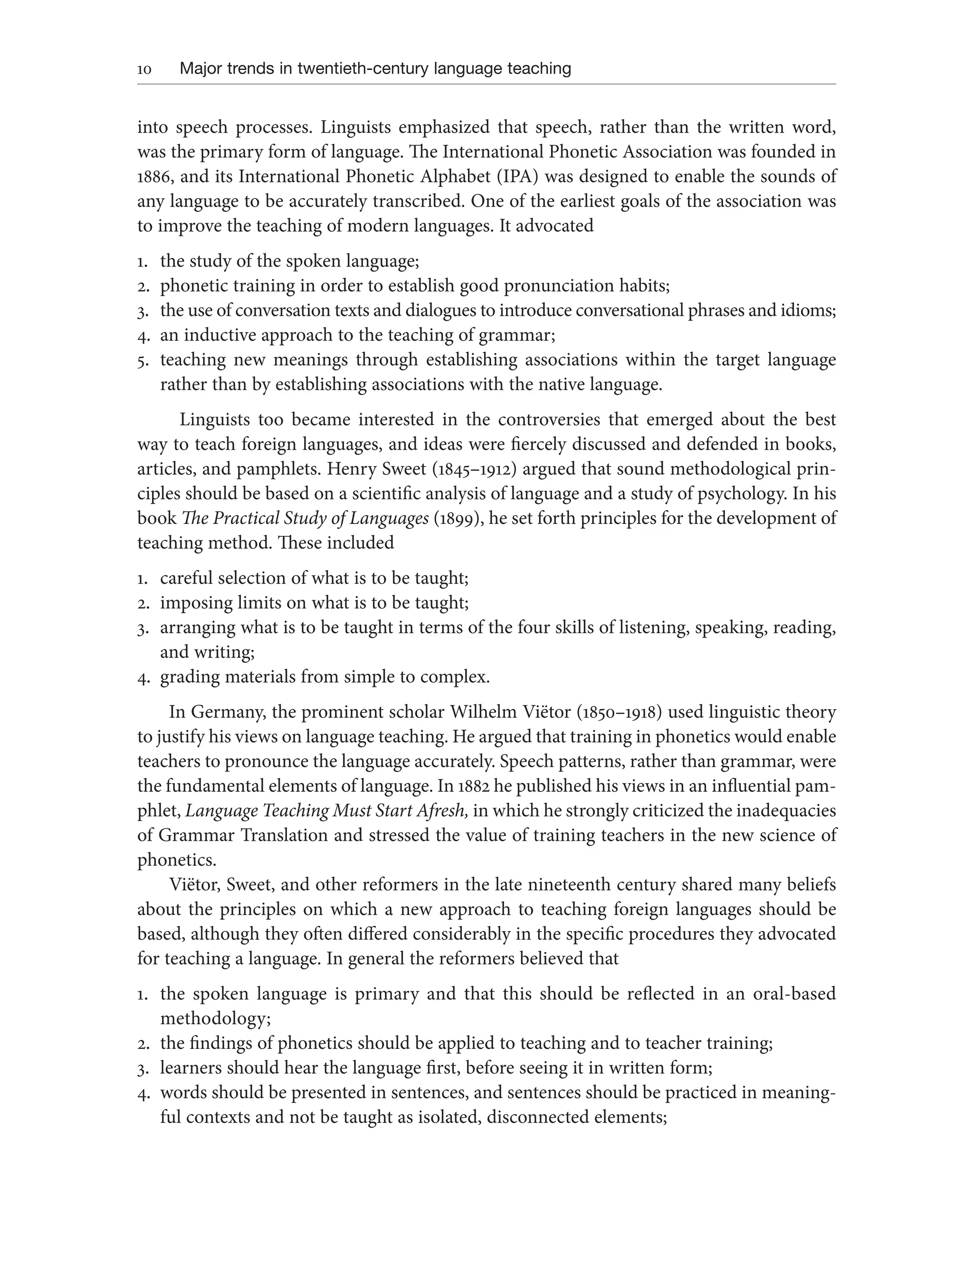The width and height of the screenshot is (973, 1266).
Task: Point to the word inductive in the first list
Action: (x=220, y=335)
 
